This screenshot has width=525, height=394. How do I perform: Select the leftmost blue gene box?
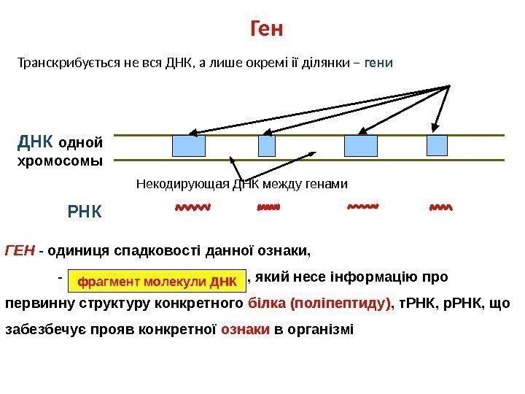[189, 146]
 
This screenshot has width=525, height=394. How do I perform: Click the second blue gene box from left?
[267, 146]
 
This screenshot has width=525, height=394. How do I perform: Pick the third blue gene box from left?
[361, 146]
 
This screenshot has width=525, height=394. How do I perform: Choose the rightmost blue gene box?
[437, 146]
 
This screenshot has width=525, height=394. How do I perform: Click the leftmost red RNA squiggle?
[192, 208]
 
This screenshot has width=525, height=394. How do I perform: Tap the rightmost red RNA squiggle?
[441, 208]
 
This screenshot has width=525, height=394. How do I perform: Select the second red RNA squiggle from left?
[268, 208]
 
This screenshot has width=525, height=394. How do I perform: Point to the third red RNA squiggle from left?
[362, 208]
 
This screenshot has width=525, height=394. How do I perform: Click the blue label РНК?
[86, 214]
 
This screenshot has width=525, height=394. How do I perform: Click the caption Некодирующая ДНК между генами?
[242, 183]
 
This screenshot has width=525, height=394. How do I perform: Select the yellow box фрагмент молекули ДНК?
[157, 280]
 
